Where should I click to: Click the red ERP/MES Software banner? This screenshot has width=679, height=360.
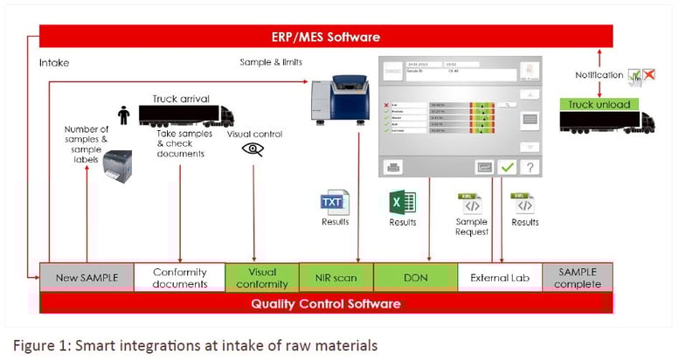326,37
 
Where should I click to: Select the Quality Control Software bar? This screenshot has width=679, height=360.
326,303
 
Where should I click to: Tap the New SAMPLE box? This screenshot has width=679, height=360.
86,277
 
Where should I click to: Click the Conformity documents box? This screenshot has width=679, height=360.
179,277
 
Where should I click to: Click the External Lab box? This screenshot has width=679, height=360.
495,277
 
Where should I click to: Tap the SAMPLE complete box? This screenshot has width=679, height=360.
578,277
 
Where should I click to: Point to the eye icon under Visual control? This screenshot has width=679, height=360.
253,149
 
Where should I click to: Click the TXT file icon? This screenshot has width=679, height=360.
334,202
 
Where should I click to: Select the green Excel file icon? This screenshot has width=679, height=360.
402,202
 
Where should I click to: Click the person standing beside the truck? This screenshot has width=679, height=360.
124,115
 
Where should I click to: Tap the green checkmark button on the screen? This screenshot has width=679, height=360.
505,166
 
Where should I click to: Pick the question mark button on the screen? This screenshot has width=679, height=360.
529,166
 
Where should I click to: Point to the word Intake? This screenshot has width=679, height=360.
54,63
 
